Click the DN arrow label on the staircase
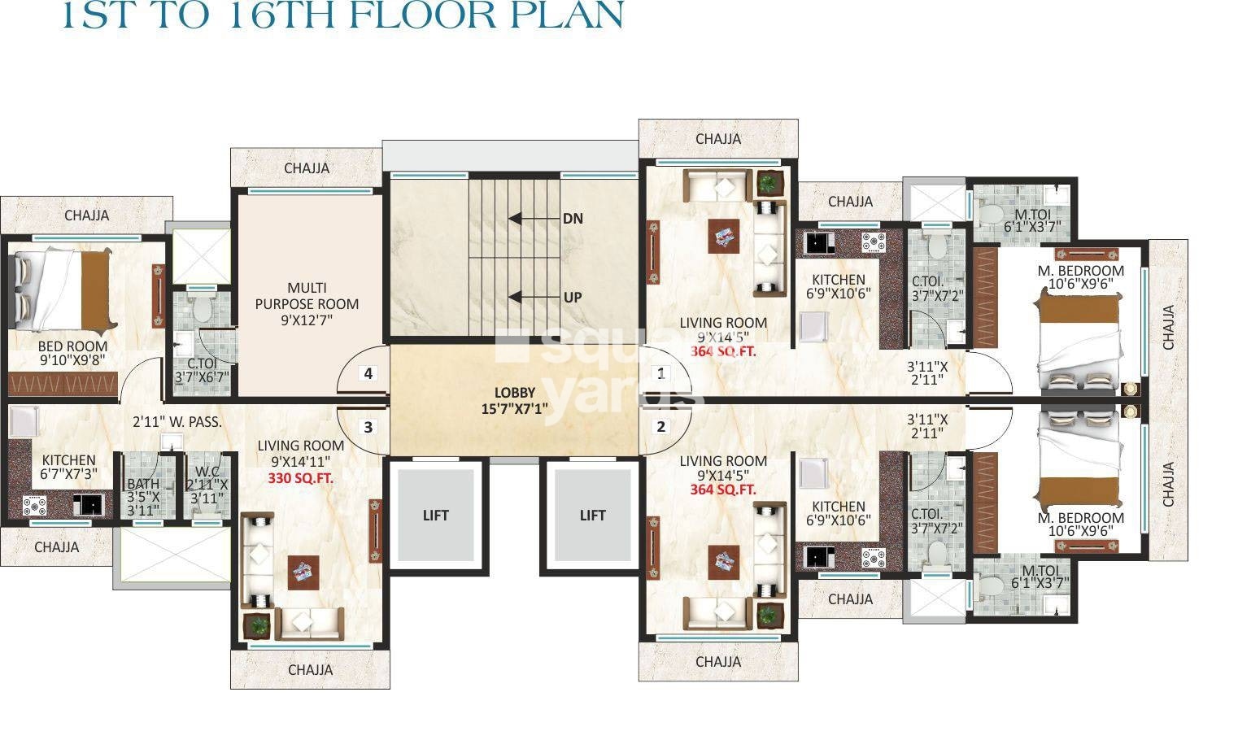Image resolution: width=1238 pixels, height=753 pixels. pos(573,219)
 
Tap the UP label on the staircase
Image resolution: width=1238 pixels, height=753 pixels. pos(573,298)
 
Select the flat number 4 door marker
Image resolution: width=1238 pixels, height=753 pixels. pos(368,374)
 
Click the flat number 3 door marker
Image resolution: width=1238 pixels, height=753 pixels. pos(368,427)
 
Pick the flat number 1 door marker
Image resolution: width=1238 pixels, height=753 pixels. pos(661,374)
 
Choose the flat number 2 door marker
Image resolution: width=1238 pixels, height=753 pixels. pos(661,427)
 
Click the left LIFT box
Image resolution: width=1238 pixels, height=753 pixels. pos(435,515)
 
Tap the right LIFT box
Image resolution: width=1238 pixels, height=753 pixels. pos(592,515)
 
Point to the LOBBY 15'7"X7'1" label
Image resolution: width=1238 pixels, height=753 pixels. pos(514,401)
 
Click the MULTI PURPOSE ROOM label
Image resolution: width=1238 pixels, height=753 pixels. pos(307,304)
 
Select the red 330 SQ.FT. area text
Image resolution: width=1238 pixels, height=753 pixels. pos(301,479)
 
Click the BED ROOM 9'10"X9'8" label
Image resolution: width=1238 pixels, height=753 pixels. pos(72,353)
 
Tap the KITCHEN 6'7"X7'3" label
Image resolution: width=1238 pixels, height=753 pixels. pos(68,467)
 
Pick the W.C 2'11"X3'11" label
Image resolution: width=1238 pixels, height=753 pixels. pos(207,485)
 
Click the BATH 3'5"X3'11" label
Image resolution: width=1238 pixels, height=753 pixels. pos(144,497)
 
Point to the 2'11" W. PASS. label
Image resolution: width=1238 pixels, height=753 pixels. pos(177,422)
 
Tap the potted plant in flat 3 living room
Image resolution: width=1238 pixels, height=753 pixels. pos(259,625)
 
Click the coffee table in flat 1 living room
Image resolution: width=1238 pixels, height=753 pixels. pos(724,237)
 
